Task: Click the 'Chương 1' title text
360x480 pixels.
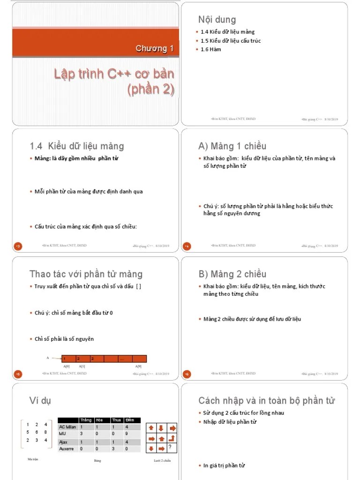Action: tap(155, 48)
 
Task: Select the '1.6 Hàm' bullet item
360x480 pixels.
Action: tap(210, 49)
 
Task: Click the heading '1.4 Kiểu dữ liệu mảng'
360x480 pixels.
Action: tap(77, 146)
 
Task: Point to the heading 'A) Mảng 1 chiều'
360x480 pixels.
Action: tap(232, 146)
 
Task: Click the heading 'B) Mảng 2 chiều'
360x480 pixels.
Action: tap(232, 274)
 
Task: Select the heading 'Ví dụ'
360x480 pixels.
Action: tap(40, 400)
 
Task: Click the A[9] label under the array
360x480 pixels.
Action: tap(138, 366)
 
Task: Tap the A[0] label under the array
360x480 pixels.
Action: tap(67, 366)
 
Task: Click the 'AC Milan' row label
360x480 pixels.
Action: tap(67, 427)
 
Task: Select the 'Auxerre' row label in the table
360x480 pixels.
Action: tap(67, 449)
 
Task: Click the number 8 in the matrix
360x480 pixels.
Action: tap(45, 432)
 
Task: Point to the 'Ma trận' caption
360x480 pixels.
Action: tap(33, 459)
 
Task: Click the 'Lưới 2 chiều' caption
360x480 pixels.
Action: tap(162, 461)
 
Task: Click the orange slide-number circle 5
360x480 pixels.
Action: tap(17, 374)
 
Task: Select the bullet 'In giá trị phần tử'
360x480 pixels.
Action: tap(224, 465)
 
